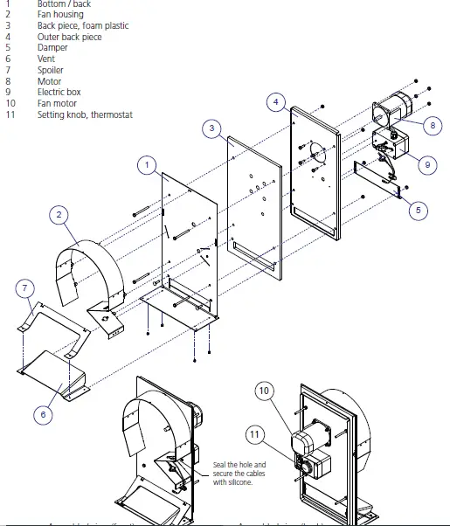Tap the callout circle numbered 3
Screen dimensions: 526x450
(212, 128)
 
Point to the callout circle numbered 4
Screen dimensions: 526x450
(275, 102)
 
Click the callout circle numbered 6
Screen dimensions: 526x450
(44, 414)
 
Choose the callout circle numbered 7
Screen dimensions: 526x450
(25, 287)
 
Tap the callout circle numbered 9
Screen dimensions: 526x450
(427, 162)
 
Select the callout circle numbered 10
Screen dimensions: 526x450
(265, 391)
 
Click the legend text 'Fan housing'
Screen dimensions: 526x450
(60, 15)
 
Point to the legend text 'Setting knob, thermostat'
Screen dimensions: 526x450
(84, 115)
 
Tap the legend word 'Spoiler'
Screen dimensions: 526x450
(50, 70)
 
